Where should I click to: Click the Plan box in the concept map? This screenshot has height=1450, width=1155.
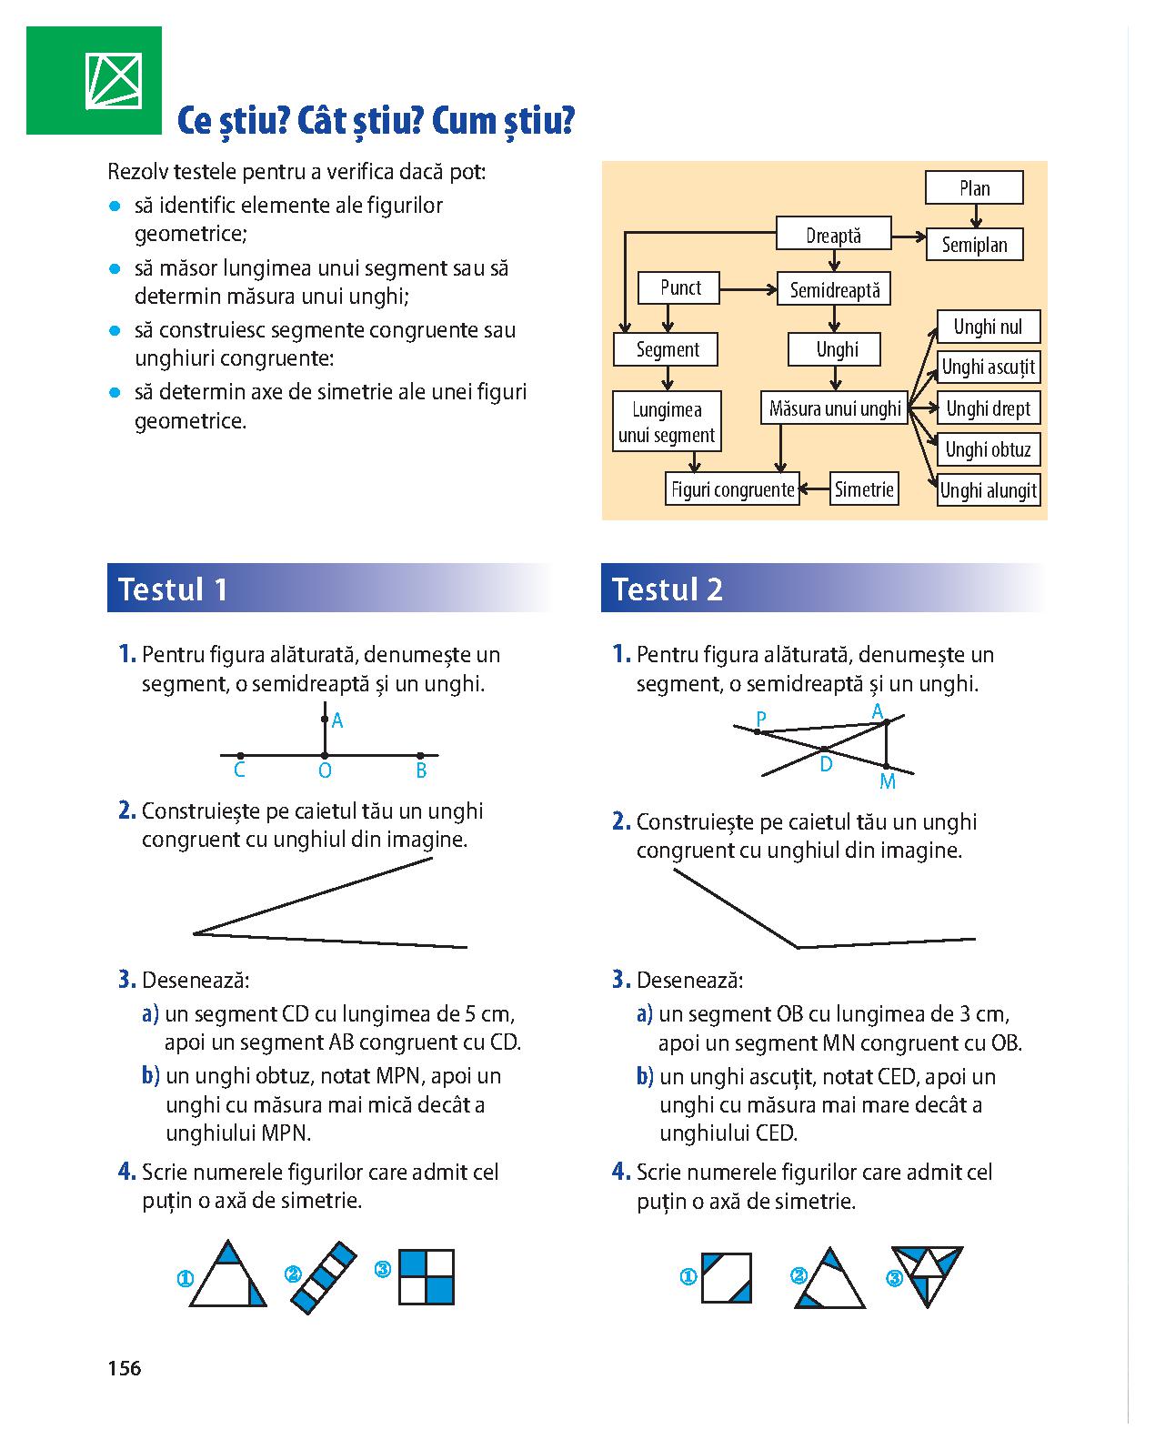click(x=974, y=188)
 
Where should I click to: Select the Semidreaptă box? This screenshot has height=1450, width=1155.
click(x=834, y=290)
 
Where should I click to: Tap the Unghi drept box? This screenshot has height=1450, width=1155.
click(x=989, y=408)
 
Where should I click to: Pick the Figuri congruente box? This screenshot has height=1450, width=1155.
click(x=732, y=489)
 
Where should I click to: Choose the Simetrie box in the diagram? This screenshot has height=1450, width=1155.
click(x=864, y=488)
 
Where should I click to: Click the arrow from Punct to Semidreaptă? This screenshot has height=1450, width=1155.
click(x=748, y=290)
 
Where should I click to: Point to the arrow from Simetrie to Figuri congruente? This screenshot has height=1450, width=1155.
click(x=815, y=488)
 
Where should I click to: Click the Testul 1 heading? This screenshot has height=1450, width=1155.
click(x=173, y=589)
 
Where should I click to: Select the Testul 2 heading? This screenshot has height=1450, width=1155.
click(x=668, y=589)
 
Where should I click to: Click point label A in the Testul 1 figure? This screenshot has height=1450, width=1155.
click(x=336, y=721)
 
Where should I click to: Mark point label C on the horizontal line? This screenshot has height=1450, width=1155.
click(x=239, y=770)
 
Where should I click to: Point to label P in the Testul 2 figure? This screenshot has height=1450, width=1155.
click(x=761, y=719)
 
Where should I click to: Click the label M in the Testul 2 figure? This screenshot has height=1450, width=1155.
click(x=888, y=781)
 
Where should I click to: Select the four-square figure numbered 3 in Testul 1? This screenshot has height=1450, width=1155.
click(x=427, y=1277)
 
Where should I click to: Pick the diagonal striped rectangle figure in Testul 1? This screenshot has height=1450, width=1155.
click(x=323, y=1277)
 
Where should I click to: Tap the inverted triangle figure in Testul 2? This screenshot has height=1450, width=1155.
click(x=928, y=1275)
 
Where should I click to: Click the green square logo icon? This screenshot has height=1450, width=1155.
click(x=94, y=80)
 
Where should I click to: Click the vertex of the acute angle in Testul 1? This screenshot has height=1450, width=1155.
click(x=194, y=933)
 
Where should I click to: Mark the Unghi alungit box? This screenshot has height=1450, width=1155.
click(x=989, y=489)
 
